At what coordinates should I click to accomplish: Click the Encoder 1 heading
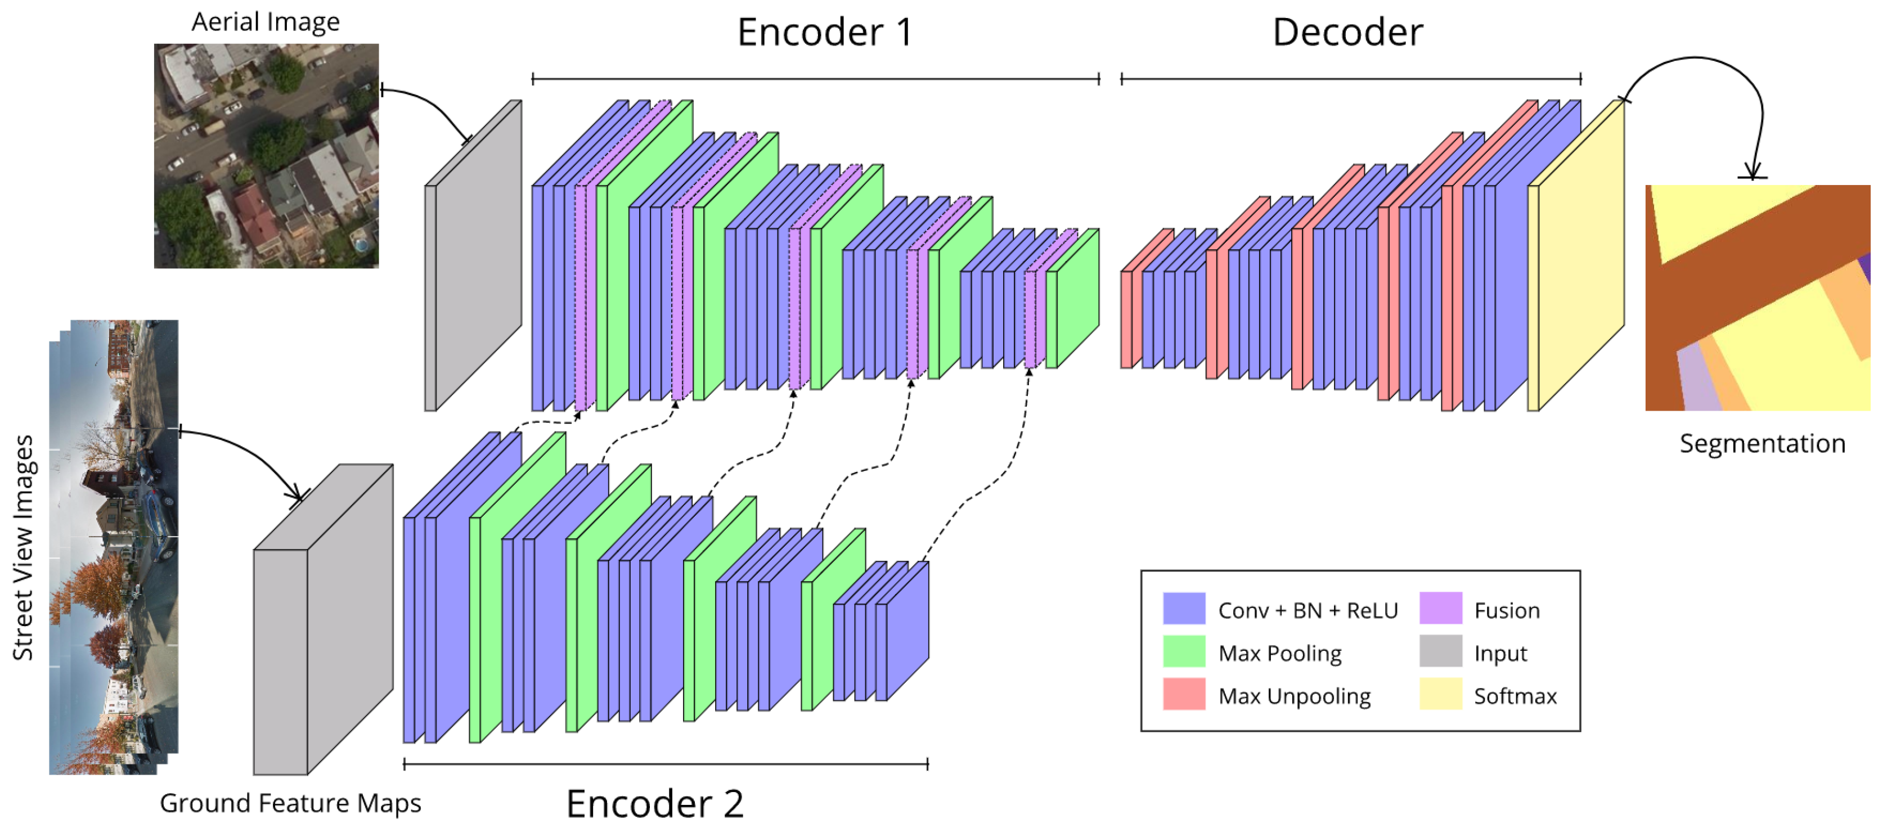click(x=825, y=32)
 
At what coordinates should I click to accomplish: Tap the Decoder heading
click(x=1347, y=32)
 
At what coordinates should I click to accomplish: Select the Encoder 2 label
click(x=655, y=803)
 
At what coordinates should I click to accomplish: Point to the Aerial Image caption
click(x=266, y=22)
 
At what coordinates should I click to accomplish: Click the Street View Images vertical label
click(x=23, y=547)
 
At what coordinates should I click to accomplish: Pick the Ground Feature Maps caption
click(x=290, y=803)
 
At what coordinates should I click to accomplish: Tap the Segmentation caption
click(x=1762, y=443)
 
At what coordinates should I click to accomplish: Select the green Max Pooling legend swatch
click(x=1183, y=651)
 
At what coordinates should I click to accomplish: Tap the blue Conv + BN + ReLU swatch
click(x=1183, y=608)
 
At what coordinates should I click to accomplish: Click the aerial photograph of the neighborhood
click(x=266, y=156)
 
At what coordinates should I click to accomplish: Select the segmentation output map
click(x=1757, y=298)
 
